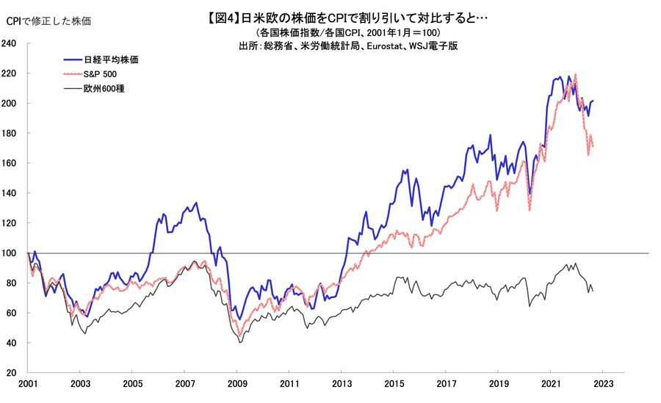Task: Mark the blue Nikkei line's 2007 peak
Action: point(195,203)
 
